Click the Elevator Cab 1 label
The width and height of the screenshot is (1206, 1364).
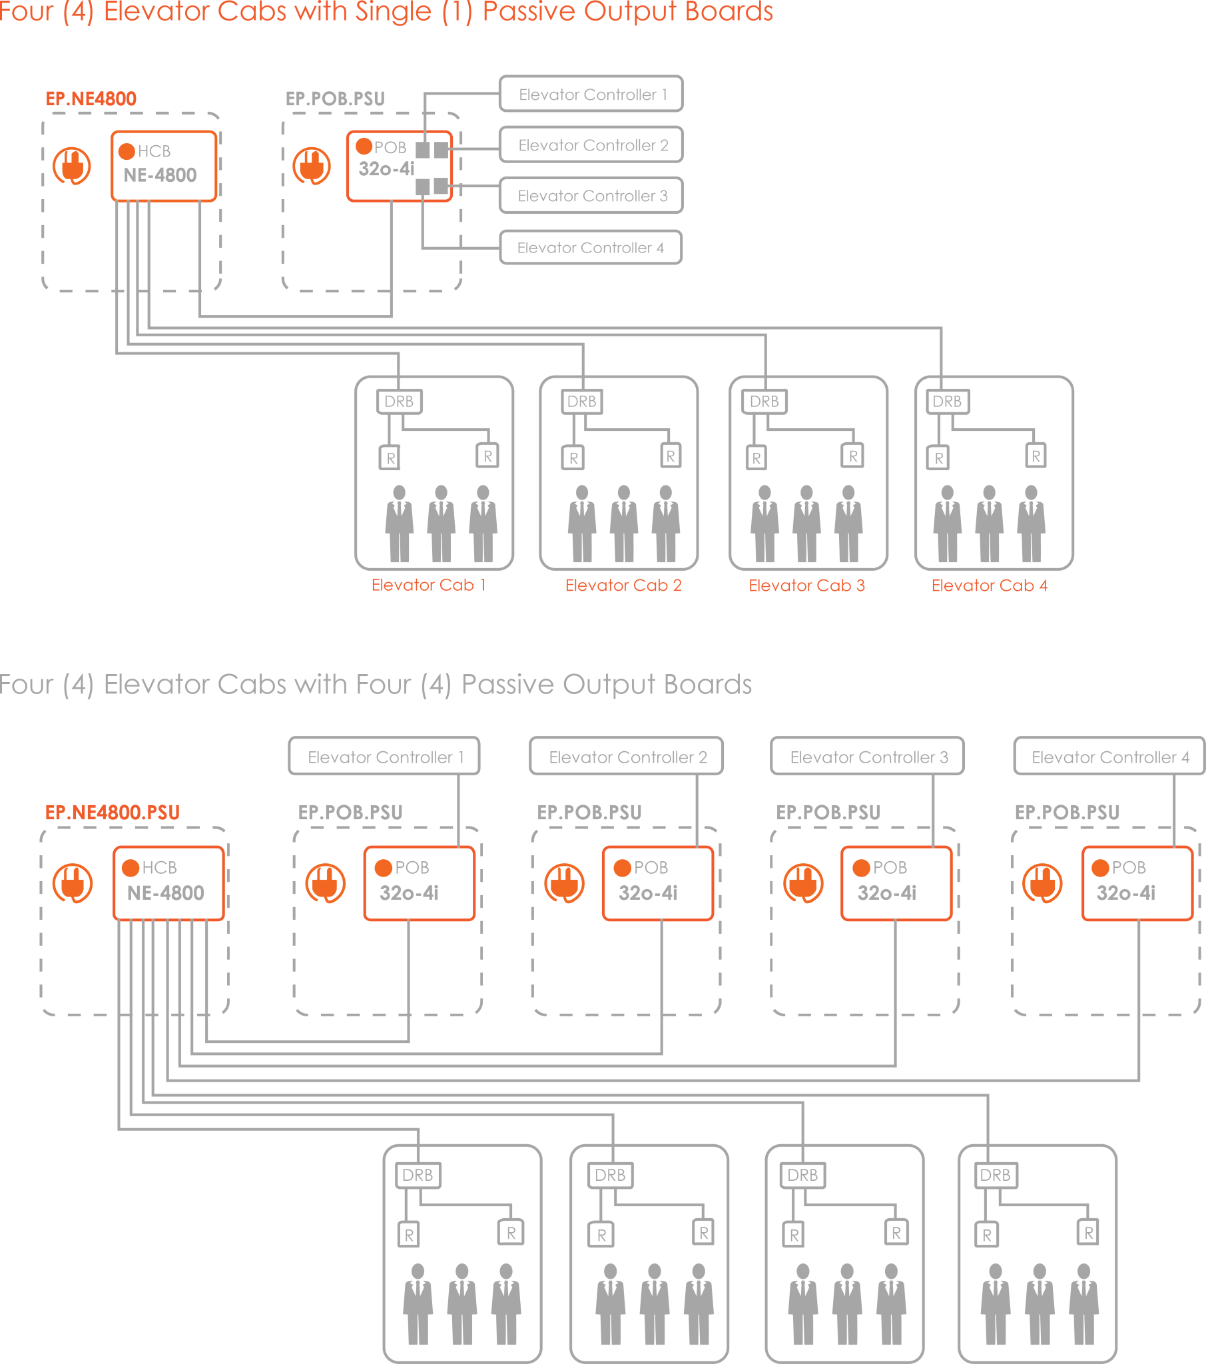tap(428, 585)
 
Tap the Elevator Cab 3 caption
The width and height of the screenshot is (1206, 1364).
tap(806, 585)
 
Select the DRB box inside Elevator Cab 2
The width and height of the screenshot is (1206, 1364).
tap(581, 402)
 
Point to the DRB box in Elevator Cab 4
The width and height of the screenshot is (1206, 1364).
tap(947, 402)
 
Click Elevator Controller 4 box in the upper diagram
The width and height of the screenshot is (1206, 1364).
tap(591, 248)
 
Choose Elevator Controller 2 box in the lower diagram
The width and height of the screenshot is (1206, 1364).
tap(627, 757)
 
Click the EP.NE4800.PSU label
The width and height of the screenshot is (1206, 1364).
tap(112, 812)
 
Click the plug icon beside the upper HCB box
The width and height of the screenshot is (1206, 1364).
tap(72, 166)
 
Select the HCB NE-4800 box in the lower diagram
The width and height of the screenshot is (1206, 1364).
tap(168, 883)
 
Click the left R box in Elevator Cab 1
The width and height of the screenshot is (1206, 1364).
tap(390, 458)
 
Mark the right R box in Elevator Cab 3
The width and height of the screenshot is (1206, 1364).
tap(852, 456)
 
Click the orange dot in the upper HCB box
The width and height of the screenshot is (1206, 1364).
tap(127, 151)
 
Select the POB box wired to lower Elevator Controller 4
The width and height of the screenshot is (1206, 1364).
tap(1137, 883)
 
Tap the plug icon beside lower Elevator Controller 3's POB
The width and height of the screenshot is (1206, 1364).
tap(803, 883)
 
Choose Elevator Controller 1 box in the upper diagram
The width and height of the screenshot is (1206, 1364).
tap(591, 95)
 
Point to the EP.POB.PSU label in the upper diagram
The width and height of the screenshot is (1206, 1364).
tap(335, 99)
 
